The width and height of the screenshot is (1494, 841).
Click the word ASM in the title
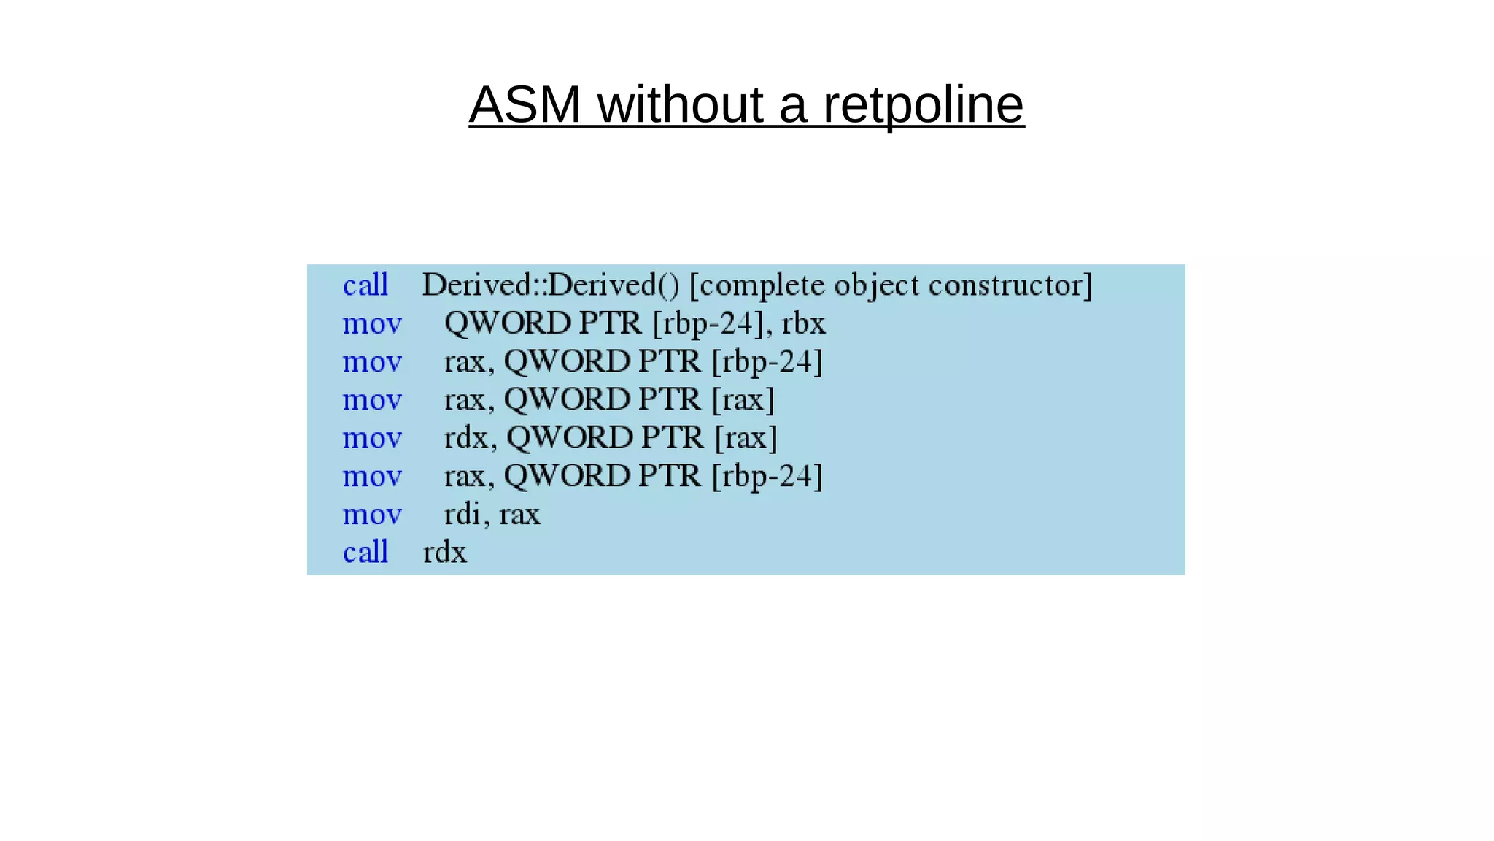[525, 105]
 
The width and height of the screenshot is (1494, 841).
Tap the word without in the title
[680, 105]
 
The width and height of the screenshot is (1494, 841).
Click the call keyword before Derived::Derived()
[365, 285]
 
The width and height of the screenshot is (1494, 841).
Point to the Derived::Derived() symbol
[551, 285]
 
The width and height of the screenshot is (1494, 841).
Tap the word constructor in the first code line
[1010, 285]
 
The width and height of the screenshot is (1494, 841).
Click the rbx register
[803, 323]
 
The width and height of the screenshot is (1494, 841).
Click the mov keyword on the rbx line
[372, 323]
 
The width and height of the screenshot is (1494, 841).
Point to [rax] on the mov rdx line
[746, 438]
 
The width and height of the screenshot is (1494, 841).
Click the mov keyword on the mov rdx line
[372, 438]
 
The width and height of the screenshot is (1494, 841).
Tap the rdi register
[462, 515]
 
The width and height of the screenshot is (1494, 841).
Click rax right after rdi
[519, 515]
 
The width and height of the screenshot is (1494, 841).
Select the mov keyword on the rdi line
[372, 515]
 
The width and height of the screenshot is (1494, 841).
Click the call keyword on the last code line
[365, 553]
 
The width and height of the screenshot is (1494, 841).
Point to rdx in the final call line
[444, 553]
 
